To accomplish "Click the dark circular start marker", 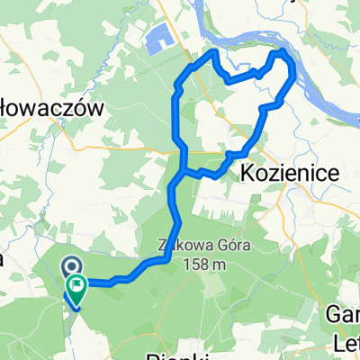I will click(x=70, y=267).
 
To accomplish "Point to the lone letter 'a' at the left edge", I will click(x=3, y=259).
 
